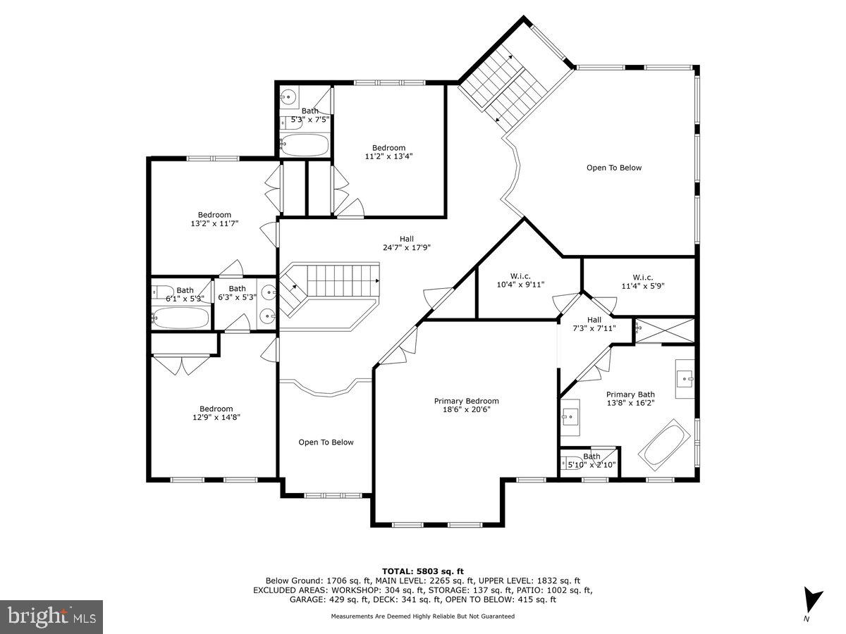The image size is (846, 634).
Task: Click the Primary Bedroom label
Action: click(466, 405)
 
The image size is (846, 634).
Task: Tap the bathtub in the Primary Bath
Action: click(665, 445)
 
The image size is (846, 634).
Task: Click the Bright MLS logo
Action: click(51, 617)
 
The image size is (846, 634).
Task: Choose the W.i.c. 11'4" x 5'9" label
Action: click(642, 282)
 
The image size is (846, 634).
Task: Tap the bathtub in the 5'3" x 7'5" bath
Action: click(305, 146)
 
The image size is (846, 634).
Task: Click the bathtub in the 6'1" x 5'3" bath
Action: click(180, 317)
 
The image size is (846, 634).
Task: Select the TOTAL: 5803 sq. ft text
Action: click(423, 571)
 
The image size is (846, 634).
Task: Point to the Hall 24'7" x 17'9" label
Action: click(407, 243)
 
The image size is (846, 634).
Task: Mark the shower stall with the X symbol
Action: click(664, 330)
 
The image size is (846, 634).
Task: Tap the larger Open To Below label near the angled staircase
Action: click(614, 168)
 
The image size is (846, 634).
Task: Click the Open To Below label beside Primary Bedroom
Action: click(326, 442)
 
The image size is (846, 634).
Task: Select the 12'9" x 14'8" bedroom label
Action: click(216, 413)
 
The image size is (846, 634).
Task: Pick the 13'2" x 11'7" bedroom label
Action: click(214, 219)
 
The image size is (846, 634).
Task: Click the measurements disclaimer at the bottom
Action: click(423, 616)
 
